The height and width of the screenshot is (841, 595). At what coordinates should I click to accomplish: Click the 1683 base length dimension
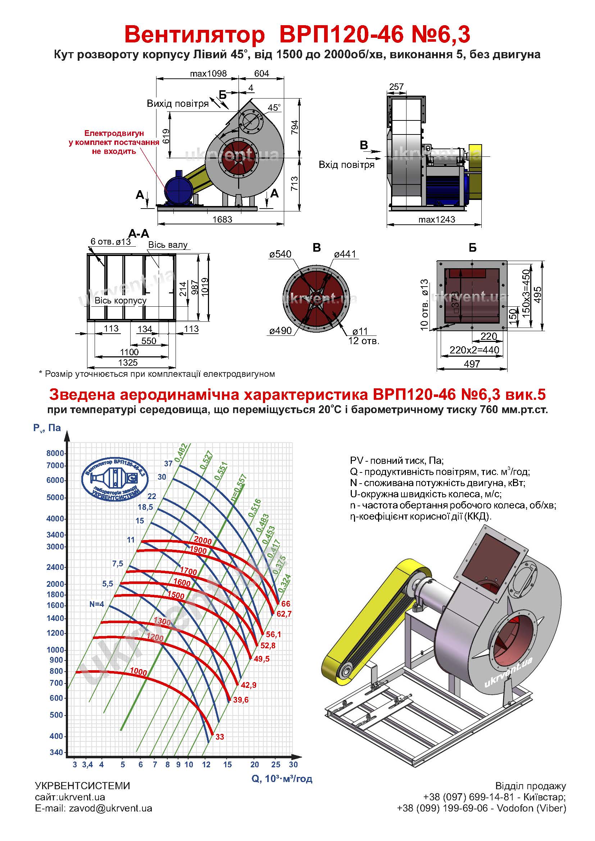(x=222, y=219)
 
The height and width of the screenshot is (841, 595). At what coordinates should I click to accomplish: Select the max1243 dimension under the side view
(x=437, y=219)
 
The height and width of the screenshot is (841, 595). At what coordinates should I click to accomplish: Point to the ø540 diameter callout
(x=280, y=254)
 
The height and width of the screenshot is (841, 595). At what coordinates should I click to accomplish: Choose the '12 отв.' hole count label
(x=364, y=341)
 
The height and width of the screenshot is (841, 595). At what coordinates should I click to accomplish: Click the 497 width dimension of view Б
(x=472, y=364)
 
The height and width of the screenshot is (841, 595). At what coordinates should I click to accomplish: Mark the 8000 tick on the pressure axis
(x=55, y=453)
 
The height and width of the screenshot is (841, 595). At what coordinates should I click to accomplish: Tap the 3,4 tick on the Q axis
(x=87, y=764)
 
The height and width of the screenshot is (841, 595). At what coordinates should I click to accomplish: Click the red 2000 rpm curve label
(x=203, y=540)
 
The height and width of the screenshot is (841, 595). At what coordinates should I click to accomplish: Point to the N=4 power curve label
(x=97, y=604)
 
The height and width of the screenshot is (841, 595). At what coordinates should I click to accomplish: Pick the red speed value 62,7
(x=284, y=614)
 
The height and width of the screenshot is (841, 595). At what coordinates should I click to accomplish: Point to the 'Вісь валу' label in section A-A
(x=168, y=245)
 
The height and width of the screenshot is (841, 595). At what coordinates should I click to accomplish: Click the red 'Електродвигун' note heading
(x=114, y=133)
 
